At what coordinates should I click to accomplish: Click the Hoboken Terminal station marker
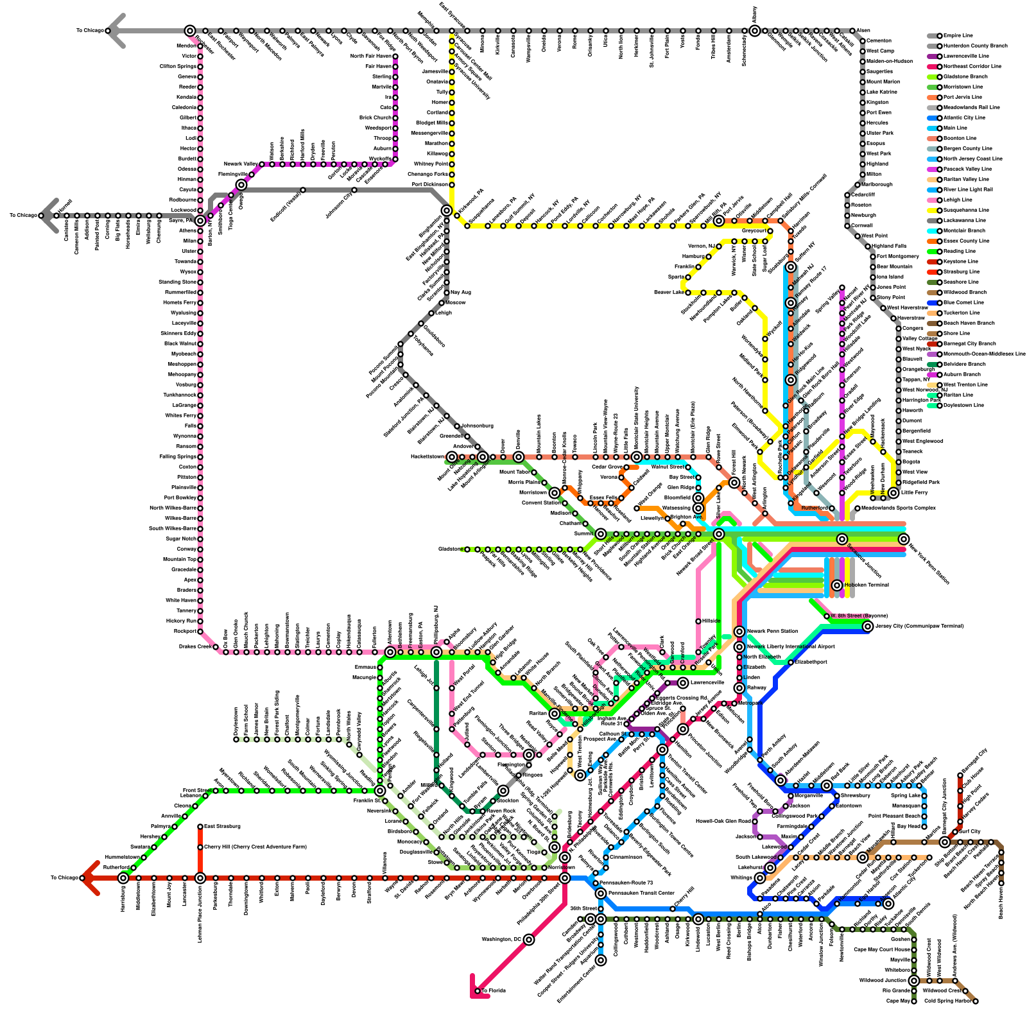tap(837, 585)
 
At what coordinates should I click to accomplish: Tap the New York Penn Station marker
tap(904, 539)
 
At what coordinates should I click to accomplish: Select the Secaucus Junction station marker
tap(842, 539)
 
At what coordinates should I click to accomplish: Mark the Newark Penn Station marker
tap(739, 632)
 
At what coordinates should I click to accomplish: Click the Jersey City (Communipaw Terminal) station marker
tap(868, 626)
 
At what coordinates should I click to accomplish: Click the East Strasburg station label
tap(218, 827)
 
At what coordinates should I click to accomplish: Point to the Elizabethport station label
tap(811, 662)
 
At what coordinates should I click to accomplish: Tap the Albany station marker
tap(755, 31)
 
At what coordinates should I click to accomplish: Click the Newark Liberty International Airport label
tap(790, 647)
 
